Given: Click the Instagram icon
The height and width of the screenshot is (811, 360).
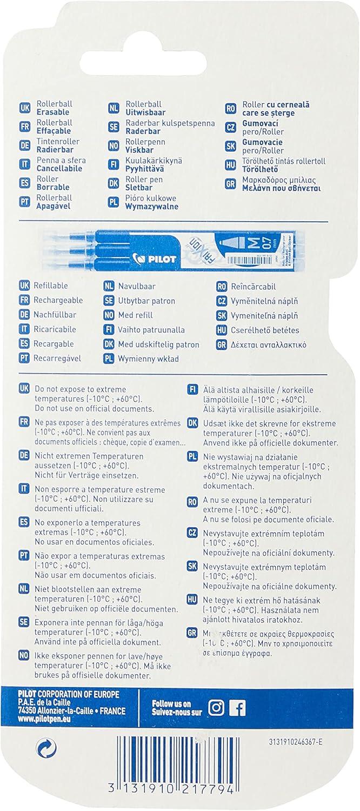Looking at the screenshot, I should click(217, 708).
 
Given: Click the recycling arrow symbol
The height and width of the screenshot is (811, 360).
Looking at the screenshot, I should click(43, 748).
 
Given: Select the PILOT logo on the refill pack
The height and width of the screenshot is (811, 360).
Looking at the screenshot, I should click(161, 258).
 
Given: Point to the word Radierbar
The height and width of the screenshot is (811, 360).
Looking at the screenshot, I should click(55, 149).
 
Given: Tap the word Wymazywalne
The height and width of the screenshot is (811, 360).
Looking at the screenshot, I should click(152, 206).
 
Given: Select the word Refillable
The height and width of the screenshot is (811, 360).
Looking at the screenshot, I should click(51, 285).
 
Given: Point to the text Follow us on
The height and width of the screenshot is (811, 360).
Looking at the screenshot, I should click(172, 703).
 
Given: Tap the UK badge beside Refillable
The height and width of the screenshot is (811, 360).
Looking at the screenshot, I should click(24, 285).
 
